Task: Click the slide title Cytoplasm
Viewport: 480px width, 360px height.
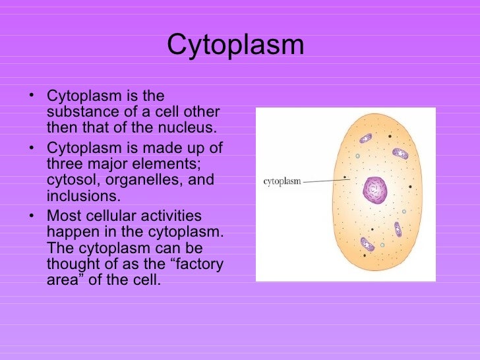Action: pyautogui.click(x=235, y=45)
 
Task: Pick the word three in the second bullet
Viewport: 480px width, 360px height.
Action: pyautogui.click(x=65, y=163)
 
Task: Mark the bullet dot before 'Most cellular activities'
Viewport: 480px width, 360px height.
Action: pyautogui.click(x=34, y=216)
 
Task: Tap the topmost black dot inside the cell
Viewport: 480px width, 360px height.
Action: pyautogui.click(x=390, y=136)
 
